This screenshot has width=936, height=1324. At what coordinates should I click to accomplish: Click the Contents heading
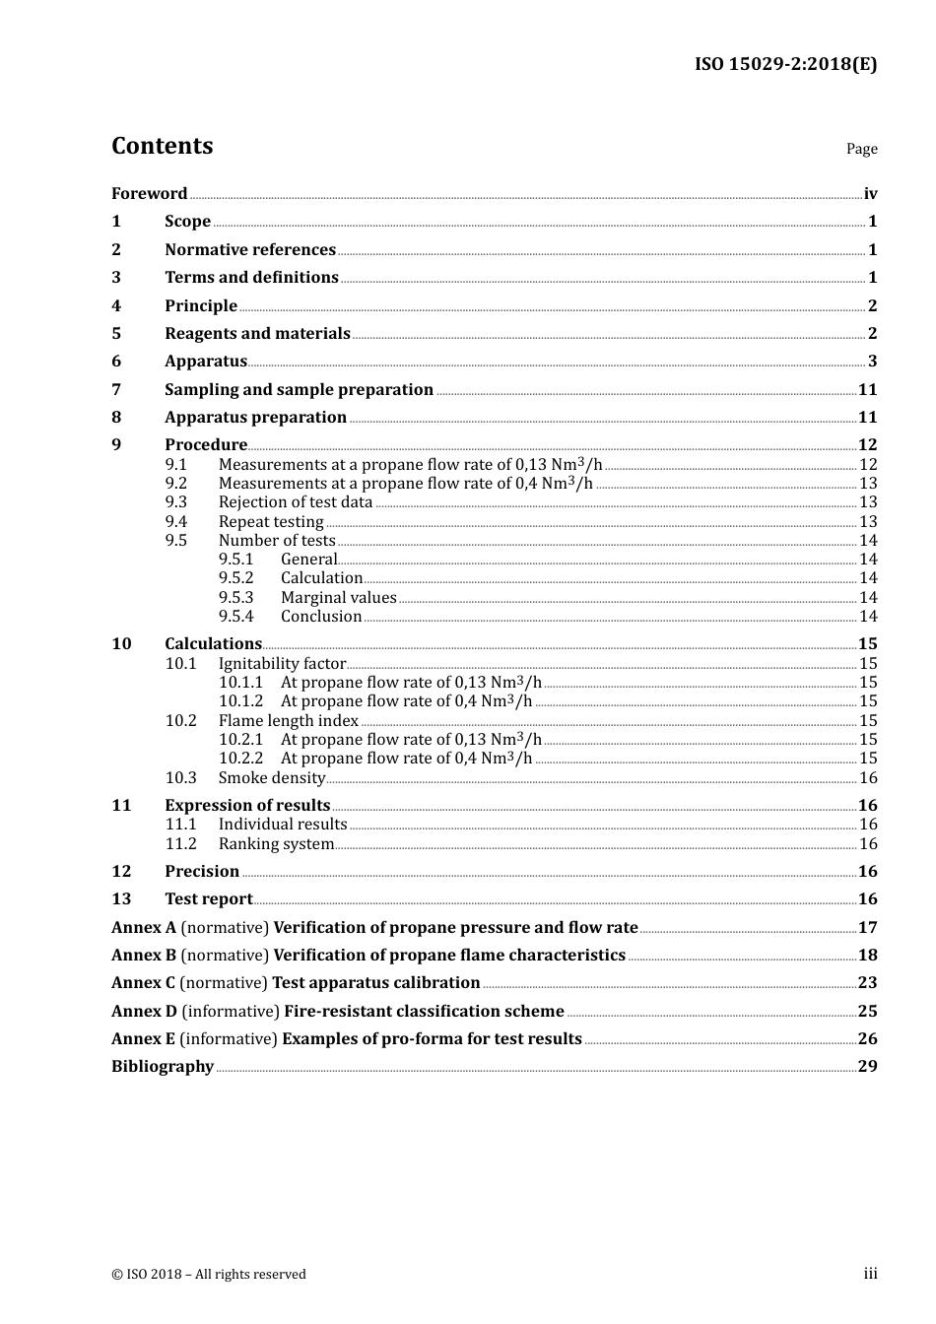click(x=162, y=146)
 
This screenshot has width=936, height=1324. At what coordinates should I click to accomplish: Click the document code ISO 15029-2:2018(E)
click(x=785, y=65)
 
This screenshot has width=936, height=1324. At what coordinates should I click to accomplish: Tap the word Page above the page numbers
click(x=861, y=149)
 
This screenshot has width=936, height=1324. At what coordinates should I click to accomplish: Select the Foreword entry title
click(x=149, y=194)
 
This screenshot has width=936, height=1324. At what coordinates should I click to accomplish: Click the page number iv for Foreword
click(x=870, y=194)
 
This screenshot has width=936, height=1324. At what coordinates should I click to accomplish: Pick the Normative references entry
click(x=250, y=250)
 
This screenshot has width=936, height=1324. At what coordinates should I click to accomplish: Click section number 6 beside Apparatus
click(x=116, y=362)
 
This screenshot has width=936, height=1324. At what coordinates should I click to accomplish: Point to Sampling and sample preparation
click(x=299, y=390)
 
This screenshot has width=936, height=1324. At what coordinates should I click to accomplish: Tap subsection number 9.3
click(x=176, y=502)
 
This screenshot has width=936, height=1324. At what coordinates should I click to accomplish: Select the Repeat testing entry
click(x=271, y=522)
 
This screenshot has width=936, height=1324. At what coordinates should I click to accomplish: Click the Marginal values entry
click(x=338, y=598)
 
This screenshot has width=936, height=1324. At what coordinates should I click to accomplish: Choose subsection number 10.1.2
click(x=240, y=701)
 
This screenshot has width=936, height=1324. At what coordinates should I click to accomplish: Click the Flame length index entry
click(x=288, y=721)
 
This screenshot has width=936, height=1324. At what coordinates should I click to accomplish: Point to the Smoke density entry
click(x=272, y=778)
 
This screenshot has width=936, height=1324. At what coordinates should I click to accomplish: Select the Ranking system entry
click(x=276, y=844)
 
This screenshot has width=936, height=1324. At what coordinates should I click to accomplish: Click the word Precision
click(x=202, y=872)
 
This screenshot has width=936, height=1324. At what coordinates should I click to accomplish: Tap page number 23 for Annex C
click(x=867, y=983)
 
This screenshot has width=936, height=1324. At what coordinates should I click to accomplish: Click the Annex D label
click(x=144, y=1012)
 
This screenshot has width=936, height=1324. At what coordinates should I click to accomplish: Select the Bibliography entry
click(x=163, y=1067)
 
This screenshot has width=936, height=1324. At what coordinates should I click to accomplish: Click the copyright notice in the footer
click(x=209, y=1275)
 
